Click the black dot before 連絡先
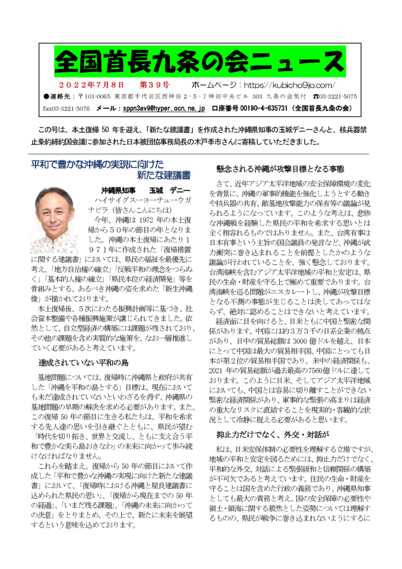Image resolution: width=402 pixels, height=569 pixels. point(46,97)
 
